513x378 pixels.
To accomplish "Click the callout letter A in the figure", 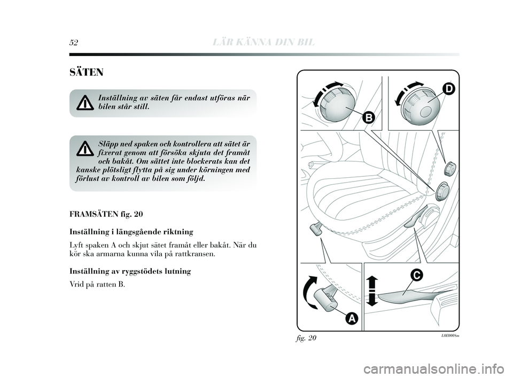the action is point(352,318).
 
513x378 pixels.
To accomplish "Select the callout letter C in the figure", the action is point(417,275).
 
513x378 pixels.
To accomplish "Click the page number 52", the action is point(74,42).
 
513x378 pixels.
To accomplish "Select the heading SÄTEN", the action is point(87,72).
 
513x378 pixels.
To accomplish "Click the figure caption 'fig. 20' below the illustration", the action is point(306,338).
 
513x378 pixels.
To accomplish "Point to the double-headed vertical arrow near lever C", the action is point(372,290).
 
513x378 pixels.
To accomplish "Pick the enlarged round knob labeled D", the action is point(420,105).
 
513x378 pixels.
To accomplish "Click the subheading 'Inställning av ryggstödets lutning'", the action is point(130,271).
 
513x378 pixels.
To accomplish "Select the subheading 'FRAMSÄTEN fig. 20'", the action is point(106,214).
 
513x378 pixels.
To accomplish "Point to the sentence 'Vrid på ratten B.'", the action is point(97,284).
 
